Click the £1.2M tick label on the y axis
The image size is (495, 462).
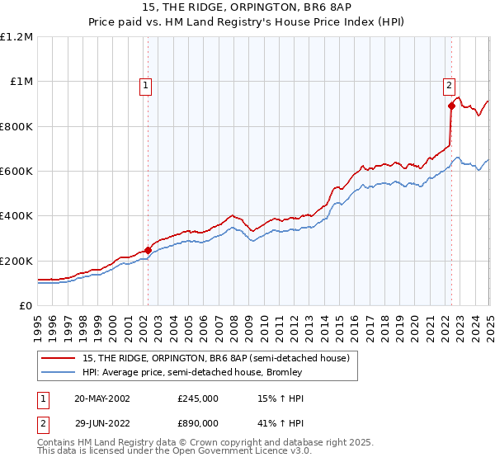pyautogui.click(x=16, y=36)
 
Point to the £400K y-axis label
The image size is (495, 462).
pyautogui.click(x=16, y=215)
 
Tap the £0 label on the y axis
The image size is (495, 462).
pyautogui.click(x=26, y=305)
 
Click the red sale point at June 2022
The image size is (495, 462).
pyautogui.click(x=451, y=106)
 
